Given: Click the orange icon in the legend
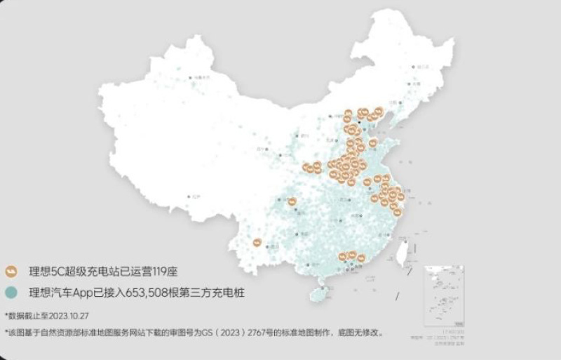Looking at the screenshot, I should pos(11,270).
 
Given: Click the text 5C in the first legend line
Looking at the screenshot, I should pos(61,270).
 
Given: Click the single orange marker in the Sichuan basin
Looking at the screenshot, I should pos(292,202).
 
